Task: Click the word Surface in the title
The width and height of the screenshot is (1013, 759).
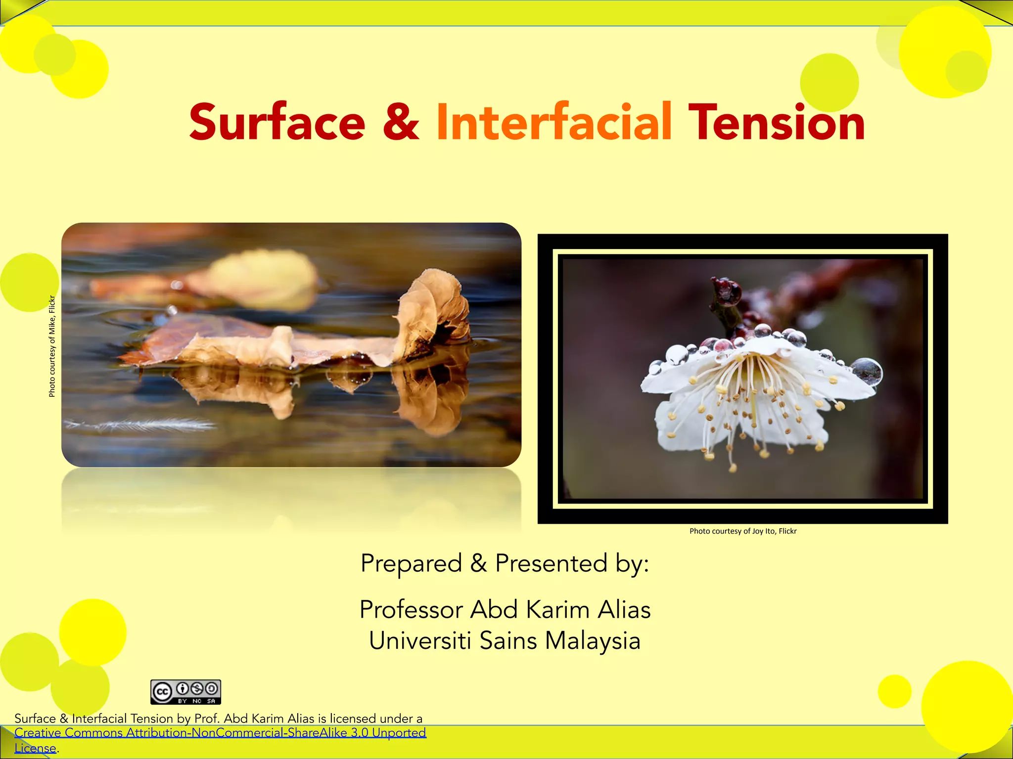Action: click(277, 122)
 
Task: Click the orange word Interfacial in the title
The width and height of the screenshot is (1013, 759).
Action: click(553, 122)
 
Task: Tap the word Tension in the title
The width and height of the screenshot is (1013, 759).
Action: click(776, 122)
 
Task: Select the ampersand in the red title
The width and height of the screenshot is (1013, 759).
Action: click(401, 122)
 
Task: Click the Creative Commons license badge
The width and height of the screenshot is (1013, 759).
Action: click(185, 692)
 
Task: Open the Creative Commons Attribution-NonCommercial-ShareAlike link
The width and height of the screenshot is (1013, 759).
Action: click(220, 732)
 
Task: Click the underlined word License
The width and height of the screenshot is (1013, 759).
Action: click(35, 748)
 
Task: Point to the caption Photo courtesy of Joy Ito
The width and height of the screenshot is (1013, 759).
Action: click(743, 531)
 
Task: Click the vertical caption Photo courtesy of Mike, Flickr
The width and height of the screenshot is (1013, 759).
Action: click(52, 346)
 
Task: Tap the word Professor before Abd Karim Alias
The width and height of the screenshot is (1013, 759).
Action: click(411, 610)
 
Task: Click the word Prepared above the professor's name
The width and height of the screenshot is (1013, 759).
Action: click(411, 563)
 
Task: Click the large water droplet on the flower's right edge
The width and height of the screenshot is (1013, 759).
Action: click(867, 371)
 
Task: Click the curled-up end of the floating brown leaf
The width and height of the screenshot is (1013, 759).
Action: click(435, 306)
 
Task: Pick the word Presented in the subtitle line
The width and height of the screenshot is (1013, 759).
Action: click(552, 563)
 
